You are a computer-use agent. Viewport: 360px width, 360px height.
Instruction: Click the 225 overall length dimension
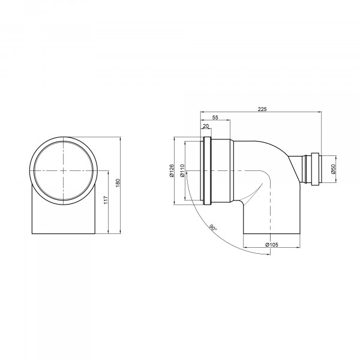262,109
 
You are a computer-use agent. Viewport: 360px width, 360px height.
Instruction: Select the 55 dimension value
215,118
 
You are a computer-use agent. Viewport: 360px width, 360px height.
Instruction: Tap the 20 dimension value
206,126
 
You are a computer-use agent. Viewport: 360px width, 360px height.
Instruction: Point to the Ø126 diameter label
172,171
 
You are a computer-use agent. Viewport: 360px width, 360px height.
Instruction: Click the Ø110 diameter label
182,170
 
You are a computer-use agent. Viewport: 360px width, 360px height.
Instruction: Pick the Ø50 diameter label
334,169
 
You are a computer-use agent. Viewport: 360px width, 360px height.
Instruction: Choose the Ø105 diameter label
272,245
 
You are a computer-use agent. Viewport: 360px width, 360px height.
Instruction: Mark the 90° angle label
213,227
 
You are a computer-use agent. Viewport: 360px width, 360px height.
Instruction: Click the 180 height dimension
118,183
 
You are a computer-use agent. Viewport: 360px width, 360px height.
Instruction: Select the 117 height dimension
106,200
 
